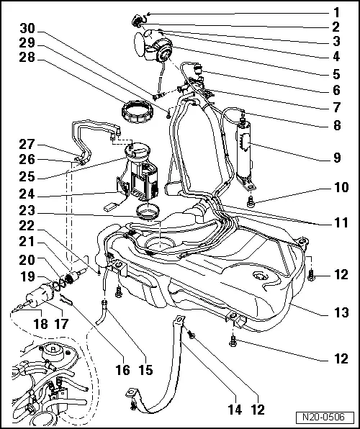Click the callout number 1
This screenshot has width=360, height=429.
[x=335, y=12]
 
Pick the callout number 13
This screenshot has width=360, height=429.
[x=335, y=313]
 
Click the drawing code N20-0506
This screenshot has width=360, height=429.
[x=329, y=417]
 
